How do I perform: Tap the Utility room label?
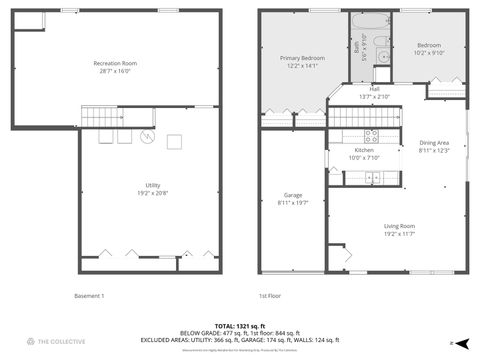point(149,188)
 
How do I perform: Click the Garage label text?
point(293,198)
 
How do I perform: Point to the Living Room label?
point(399,231)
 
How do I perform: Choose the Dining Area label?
point(434,145)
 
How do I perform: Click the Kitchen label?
point(364,153)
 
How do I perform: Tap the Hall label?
point(374,92)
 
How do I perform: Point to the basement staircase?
point(101,119)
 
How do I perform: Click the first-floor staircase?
point(365,119)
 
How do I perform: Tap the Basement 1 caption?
point(89,296)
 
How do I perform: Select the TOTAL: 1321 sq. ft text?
point(240,326)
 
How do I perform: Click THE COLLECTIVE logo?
point(41,341)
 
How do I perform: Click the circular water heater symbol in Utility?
point(146,138)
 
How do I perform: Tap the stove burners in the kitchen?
point(370,135)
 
